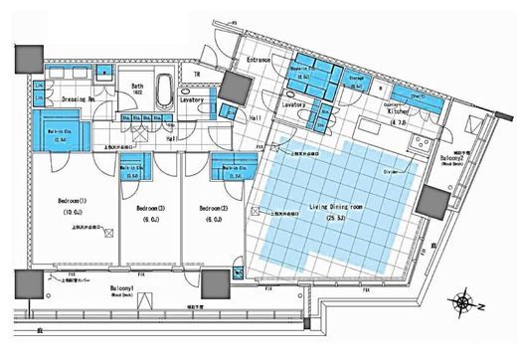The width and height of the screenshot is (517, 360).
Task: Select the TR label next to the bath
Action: tap(197, 75)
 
